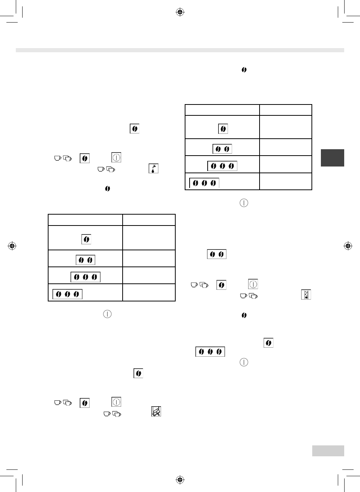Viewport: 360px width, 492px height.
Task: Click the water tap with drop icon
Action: [153, 168]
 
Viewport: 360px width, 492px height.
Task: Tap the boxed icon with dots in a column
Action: [306, 295]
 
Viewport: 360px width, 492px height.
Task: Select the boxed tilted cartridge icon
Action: [156, 412]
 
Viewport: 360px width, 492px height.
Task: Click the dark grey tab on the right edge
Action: [332, 158]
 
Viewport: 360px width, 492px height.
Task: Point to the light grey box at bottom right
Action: [328, 451]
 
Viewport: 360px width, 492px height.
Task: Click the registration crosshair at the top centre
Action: [180, 12]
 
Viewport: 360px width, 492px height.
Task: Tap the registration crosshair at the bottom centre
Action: [180, 480]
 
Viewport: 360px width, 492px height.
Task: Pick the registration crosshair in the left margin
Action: [12, 246]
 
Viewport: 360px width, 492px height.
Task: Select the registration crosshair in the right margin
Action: [348, 246]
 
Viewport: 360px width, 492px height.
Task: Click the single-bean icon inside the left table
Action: [86, 239]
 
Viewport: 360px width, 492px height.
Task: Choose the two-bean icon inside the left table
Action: [85, 260]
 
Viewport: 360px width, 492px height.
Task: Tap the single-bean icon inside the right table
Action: [223, 129]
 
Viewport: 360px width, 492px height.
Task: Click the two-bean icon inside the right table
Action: [222, 149]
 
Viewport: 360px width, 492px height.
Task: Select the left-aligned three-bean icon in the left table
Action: [67, 294]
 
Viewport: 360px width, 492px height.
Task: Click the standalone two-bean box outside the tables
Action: [217, 254]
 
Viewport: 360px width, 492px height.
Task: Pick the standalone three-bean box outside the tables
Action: [210, 352]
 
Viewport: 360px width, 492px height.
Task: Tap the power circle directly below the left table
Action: [107, 314]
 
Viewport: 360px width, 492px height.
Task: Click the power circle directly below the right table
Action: [244, 203]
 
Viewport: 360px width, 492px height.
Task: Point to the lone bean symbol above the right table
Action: [244, 70]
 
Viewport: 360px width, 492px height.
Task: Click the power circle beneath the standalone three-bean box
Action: [244, 362]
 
